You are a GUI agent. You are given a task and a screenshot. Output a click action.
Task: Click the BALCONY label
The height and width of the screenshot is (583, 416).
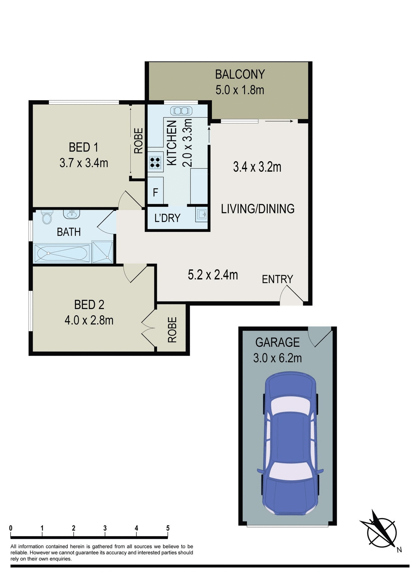pos(240,74)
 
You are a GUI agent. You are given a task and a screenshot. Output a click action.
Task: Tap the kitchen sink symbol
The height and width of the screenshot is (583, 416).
pos(181,111)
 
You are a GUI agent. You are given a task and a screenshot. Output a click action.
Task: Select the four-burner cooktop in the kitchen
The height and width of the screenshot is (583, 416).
pos(155,162)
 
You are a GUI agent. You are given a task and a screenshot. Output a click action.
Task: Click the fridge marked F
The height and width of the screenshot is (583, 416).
pos(155,192)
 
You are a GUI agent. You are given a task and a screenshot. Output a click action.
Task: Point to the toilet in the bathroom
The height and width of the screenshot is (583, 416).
pos(47,217)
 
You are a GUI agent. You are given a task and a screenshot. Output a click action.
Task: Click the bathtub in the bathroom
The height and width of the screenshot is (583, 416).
pos(62,253)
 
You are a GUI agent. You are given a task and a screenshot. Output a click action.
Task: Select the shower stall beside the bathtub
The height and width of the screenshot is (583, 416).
pos(102,252)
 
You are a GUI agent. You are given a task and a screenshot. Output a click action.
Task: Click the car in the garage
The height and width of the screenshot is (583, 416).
pos(290,444)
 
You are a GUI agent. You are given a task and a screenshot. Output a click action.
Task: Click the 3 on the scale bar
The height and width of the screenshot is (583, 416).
pos(105,528)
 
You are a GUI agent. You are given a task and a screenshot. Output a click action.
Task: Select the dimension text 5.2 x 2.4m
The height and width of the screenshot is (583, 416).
pos(213,275)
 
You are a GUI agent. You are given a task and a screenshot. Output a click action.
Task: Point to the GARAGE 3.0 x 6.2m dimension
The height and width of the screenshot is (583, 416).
pos(277,358)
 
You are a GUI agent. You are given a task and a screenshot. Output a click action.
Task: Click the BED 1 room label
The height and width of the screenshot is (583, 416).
pos(83,147)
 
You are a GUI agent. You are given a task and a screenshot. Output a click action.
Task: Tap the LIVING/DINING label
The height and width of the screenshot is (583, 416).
pos(257,209)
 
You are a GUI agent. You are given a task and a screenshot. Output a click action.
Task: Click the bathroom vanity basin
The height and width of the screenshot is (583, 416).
pos(71,214)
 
